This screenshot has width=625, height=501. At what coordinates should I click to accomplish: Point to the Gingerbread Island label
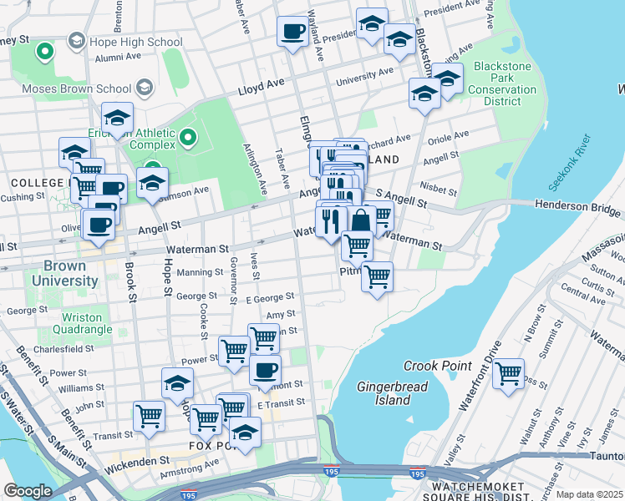click(384, 393)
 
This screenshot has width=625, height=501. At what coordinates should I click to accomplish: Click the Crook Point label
click(437, 366)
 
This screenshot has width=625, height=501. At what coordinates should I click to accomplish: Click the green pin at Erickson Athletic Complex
click(188, 136)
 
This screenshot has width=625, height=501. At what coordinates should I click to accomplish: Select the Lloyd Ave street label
click(261, 87)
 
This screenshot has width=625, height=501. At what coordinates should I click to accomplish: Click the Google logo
click(28, 491)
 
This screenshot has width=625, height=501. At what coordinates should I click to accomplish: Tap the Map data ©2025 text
click(588, 494)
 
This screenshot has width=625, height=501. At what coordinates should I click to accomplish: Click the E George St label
click(269, 296)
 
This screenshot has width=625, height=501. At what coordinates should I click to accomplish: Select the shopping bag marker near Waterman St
click(361, 221)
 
